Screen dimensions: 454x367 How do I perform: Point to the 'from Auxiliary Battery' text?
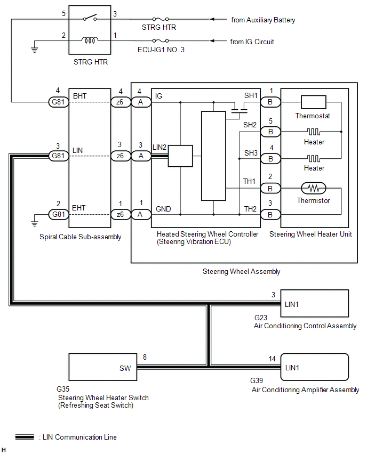pyautogui.click(x=263, y=20)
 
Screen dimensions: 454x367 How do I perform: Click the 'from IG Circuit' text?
pyautogui.click(x=252, y=41)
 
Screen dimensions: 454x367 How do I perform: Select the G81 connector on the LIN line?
pyautogui.click(x=58, y=156)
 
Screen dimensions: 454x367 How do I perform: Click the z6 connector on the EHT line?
pyautogui.click(x=121, y=214)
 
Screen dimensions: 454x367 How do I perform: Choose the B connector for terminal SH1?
pyautogui.click(x=270, y=101)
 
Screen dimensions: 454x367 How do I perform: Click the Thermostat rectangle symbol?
pyautogui.click(x=313, y=101)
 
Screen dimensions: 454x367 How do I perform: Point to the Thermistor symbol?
pyautogui.click(x=314, y=188)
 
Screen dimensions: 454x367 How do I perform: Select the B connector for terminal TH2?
pyautogui.click(x=270, y=214)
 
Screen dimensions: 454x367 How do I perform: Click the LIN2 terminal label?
pyautogui.click(x=159, y=147)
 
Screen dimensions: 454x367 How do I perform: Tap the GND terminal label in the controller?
pyautogui.click(x=163, y=209)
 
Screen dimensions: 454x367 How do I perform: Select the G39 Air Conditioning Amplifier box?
pyautogui.click(x=315, y=367)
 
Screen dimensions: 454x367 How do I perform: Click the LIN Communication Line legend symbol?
pyautogui.click(x=25, y=437)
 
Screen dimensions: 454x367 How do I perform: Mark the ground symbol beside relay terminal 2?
pyautogui.click(x=35, y=47)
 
